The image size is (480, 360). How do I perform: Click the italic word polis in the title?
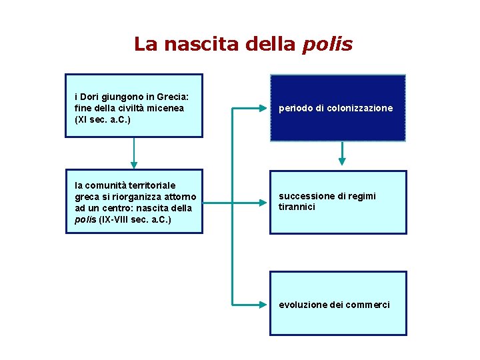[327, 45]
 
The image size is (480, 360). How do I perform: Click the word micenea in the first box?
[167, 108]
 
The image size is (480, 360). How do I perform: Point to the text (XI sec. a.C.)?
[103, 120]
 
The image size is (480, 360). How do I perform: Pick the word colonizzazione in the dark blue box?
[360, 108]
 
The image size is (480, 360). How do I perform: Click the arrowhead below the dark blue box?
[342, 161]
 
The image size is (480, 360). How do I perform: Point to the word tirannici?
[297, 207]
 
